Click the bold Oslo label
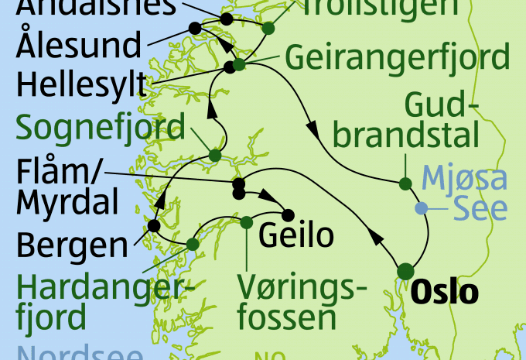[x=445, y=293]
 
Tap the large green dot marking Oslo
[x=405, y=271]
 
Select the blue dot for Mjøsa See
[x=420, y=207]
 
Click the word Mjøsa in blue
[x=464, y=179]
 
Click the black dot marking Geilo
[x=288, y=214]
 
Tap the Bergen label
[x=70, y=245]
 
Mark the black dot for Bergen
[x=153, y=226]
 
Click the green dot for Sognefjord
[x=215, y=156]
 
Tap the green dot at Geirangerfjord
[x=240, y=64]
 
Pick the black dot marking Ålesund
[x=195, y=29]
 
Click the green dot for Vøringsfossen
[x=246, y=222]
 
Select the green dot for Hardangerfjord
[x=193, y=244]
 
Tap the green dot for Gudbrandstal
[x=405, y=183]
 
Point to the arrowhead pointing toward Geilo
[x=273, y=200]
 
